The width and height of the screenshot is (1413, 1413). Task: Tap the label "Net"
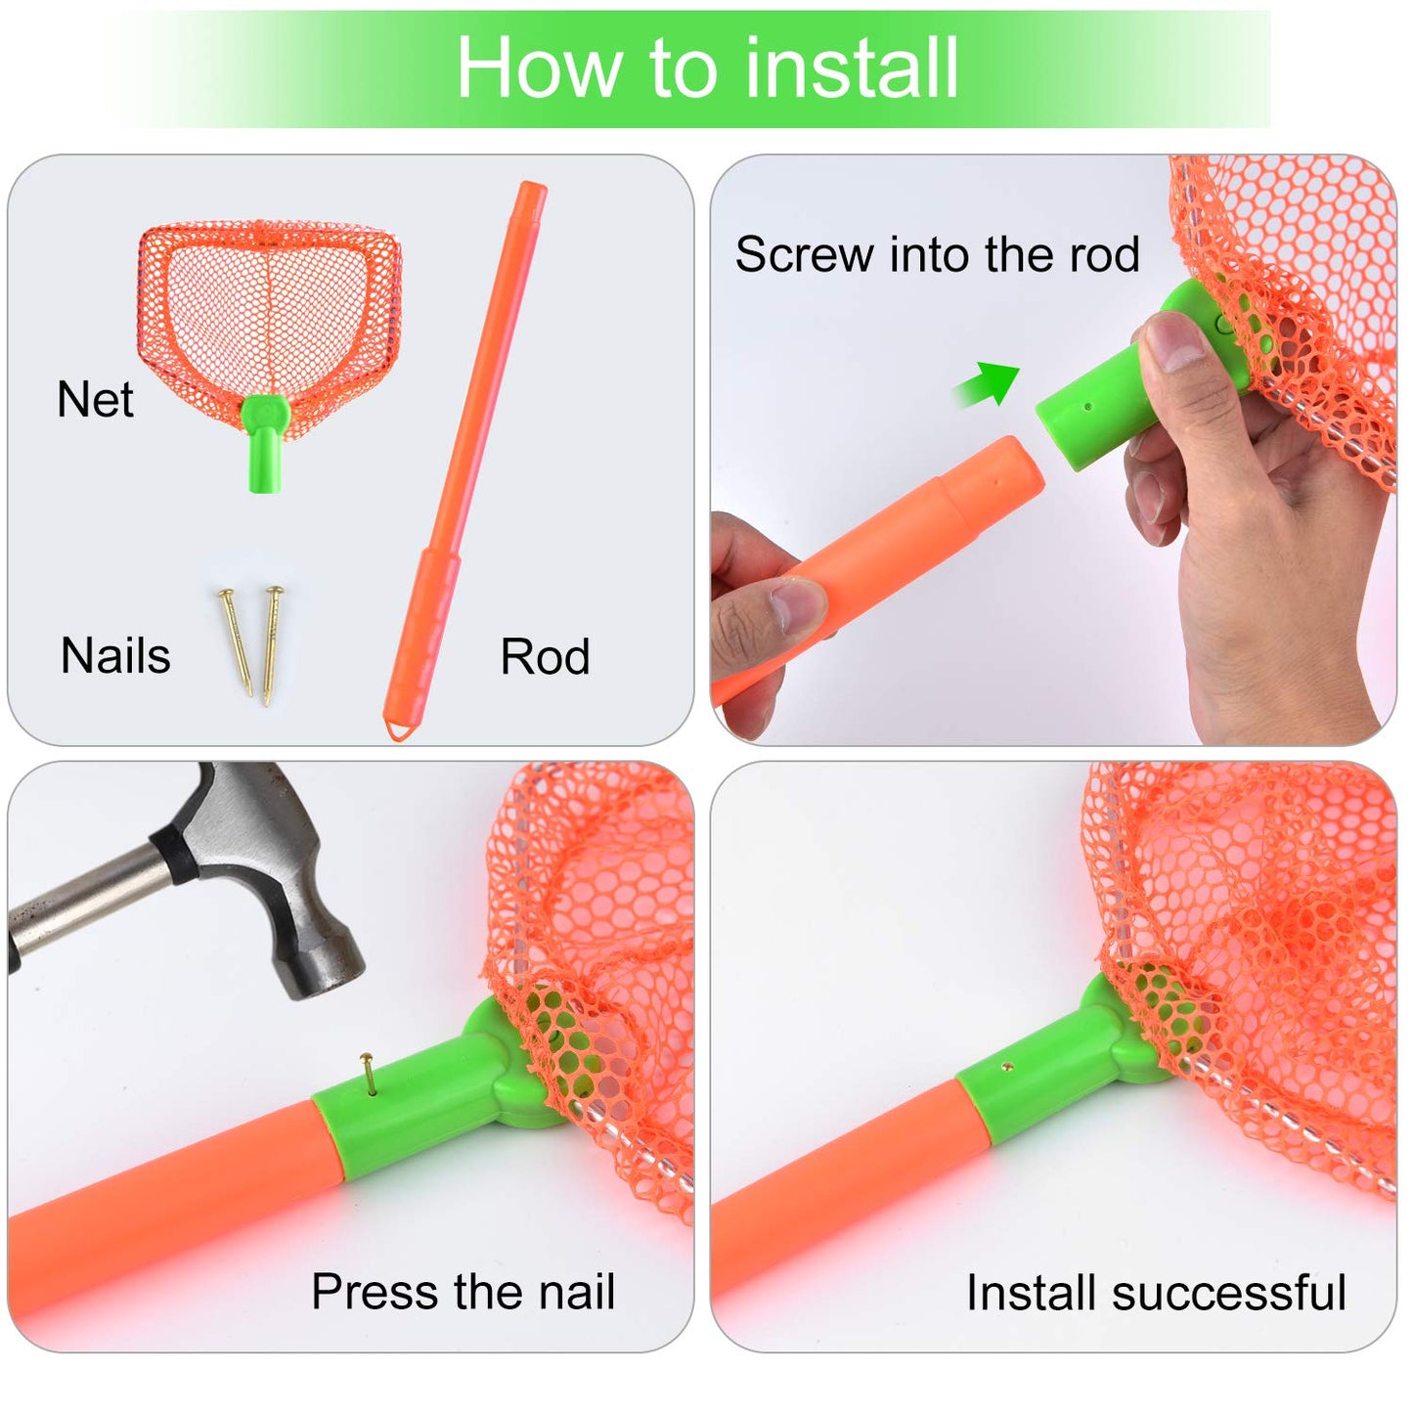coord(95,400)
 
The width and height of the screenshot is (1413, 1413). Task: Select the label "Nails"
coord(115,655)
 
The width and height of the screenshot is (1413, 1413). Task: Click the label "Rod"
coord(545,656)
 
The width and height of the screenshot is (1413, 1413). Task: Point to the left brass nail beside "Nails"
coord(236,640)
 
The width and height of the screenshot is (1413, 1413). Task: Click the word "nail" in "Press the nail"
coord(577,1292)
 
